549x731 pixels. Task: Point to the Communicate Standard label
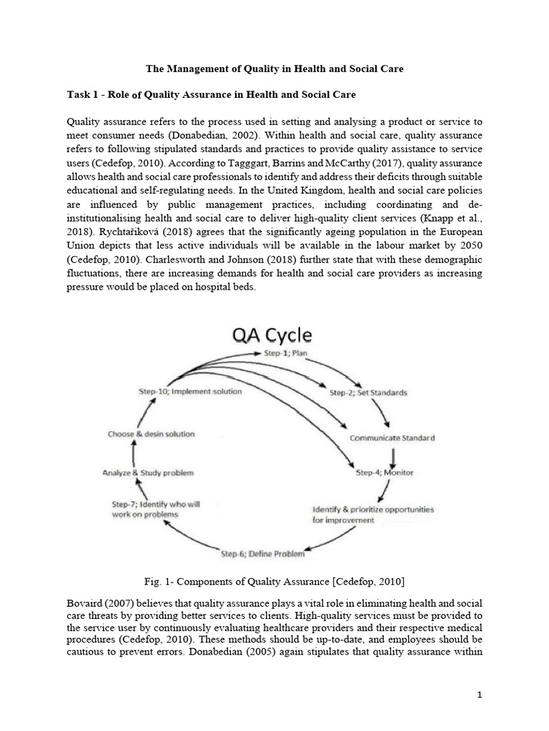point(392,438)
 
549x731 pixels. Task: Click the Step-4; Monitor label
point(384,473)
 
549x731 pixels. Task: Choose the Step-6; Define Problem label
point(262,553)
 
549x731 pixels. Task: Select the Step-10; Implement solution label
point(189,391)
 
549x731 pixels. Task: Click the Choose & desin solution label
point(151,433)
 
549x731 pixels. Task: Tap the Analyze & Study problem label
point(147,473)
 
